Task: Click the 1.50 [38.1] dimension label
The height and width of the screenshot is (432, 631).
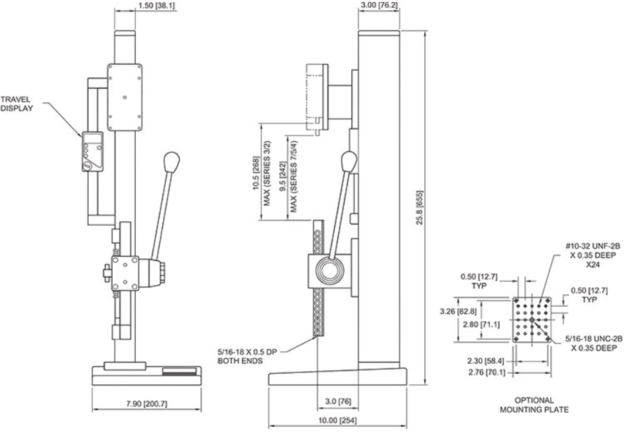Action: click(156, 5)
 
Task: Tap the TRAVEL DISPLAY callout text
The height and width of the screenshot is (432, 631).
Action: click(17, 103)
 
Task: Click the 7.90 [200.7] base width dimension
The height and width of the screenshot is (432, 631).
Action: click(146, 404)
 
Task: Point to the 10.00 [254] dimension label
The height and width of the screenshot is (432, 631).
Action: click(337, 421)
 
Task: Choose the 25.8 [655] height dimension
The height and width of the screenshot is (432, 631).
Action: click(420, 207)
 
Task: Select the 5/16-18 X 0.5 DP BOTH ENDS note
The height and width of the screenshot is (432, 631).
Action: click(247, 356)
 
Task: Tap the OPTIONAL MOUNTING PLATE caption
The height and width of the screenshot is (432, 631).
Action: click(534, 405)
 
